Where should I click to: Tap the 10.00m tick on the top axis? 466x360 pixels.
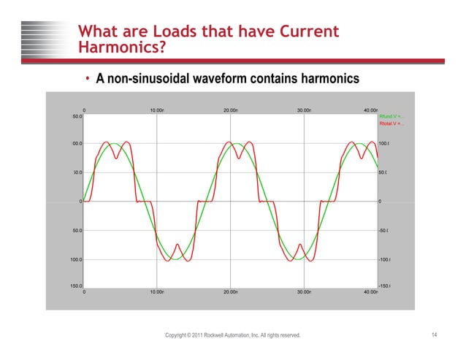pos(156,110)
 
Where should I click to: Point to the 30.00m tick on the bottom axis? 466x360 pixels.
pos(304,291)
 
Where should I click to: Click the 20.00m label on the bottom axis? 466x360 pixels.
pos(230,291)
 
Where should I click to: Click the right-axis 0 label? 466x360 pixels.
pos(380,202)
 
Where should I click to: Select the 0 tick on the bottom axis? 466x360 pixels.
pos(84,291)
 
